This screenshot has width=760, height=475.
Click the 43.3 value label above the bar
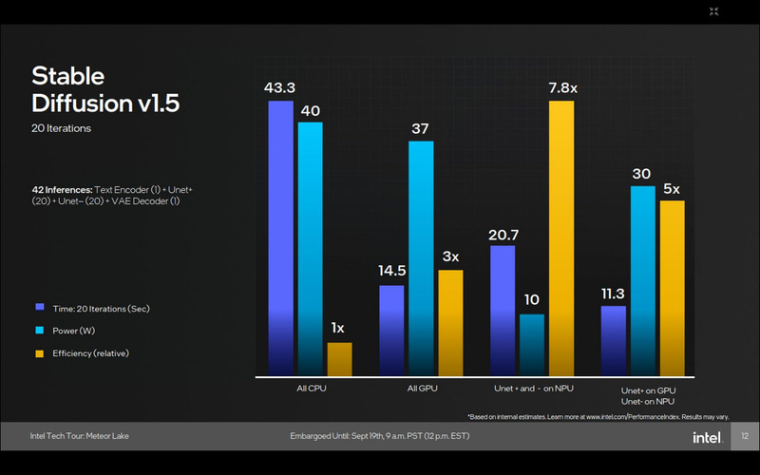pos(279,88)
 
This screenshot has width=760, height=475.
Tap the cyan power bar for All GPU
pos(421,257)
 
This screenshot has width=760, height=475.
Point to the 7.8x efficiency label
pos(562,88)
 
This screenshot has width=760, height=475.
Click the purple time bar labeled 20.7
pos(503,310)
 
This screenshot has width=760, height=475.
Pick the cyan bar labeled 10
pos(531,344)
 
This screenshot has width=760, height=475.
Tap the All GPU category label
pos(421,389)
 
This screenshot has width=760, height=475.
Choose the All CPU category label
pos(311,389)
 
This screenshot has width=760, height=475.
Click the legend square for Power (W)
pos(39,331)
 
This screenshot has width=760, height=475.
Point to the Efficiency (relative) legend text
pos(91,353)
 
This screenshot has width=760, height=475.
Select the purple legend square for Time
pos(39,308)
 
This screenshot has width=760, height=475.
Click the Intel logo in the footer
pos(705,436)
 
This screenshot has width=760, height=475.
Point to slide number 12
pos(745,436)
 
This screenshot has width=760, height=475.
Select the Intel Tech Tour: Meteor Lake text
pos(79,436)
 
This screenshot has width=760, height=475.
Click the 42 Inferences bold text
pos(61,190)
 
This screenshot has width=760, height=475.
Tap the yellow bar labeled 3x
pos(450,322)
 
